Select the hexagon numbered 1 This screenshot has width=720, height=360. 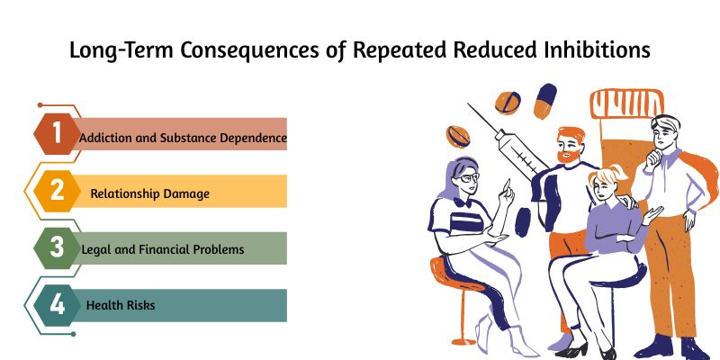(56, 135)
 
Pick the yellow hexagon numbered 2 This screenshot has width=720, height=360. (56, 192)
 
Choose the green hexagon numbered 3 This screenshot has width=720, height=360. (56, 248)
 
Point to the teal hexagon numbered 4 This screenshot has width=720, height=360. (56, 304)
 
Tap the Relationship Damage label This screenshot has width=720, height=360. (149, 193)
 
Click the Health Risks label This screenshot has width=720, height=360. (121, 306)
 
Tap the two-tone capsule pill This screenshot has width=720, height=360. (545, 100)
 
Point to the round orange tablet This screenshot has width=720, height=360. (508, 103)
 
